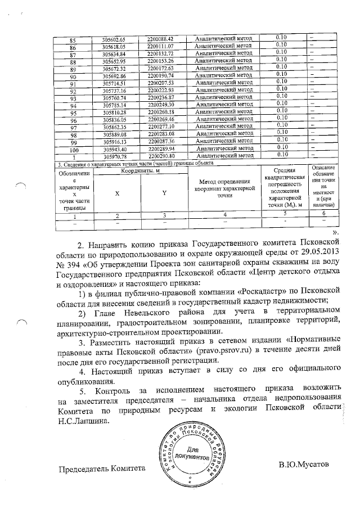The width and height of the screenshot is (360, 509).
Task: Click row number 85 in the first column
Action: point(72,39)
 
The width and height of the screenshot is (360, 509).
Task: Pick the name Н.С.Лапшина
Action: point(83,420)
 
